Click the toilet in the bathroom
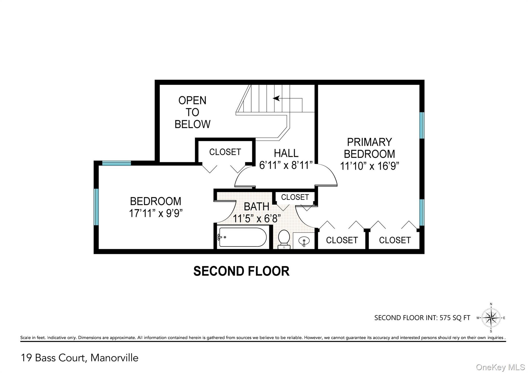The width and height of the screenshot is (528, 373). [x=284, y=239]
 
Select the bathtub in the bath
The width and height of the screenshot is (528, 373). [x=242, y=237]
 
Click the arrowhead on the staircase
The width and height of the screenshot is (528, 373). [x=276, y=98]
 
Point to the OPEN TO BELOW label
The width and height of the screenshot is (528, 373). [x=192, y=112]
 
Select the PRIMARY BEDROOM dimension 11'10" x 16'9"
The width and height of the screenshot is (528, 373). [x=369, y=166]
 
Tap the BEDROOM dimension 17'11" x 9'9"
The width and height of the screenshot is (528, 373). [x=156, y=213]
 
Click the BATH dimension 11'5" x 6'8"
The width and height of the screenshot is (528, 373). [x=257, y=219]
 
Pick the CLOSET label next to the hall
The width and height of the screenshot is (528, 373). [x=225, y=152]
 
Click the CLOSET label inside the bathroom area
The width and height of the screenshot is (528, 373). [x=295, y=197]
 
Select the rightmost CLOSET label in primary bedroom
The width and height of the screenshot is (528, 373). [x=395, y=240]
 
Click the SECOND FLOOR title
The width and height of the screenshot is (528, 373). [x=241, y=271]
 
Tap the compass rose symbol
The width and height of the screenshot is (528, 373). [x=491, y=318]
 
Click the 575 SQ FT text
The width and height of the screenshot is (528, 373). [x=455, y=318]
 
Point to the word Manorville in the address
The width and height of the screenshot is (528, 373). [x=114, y=358]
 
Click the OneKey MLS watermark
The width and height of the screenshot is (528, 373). [x=500, y=367]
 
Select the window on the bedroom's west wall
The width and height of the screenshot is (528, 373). [x=96, y=207]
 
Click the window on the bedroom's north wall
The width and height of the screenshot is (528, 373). [x=117, y=163]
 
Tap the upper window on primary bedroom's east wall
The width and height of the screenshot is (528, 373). [x=422, y=125]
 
